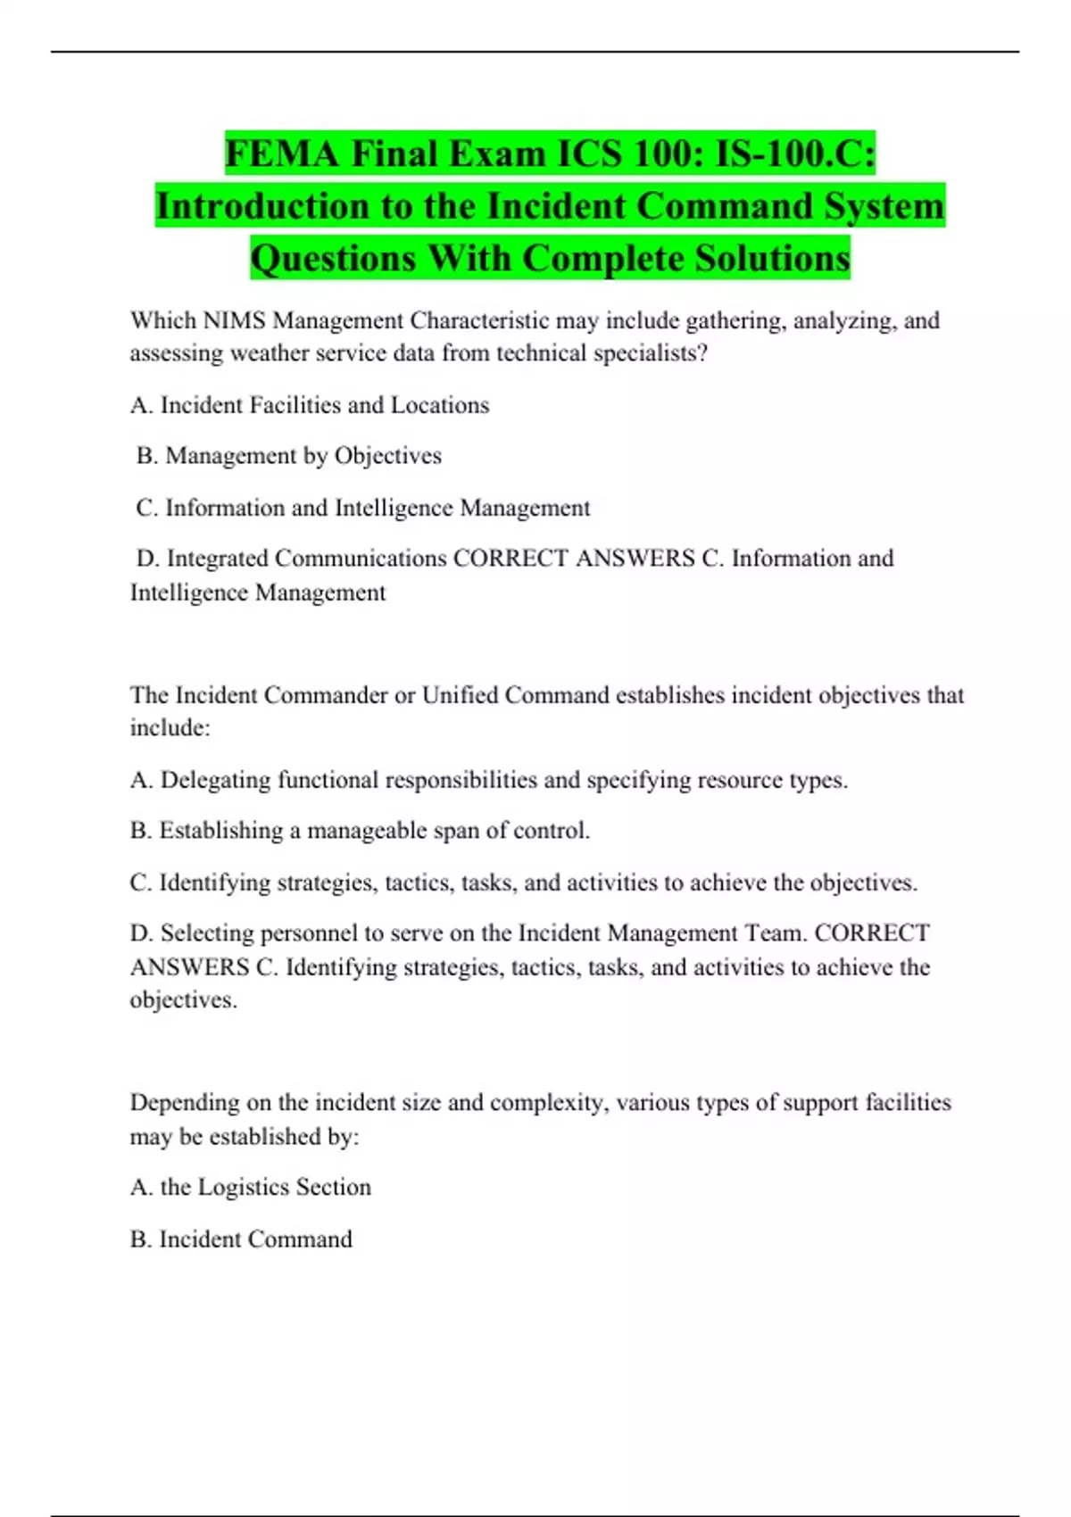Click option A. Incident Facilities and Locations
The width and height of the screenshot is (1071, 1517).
(310, 406)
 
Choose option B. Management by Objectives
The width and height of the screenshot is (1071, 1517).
(289, 456)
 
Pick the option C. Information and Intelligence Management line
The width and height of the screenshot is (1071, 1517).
(363, 509)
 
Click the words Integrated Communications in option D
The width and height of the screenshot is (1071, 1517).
(306, 560)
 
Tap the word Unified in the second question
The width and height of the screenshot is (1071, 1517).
(460, 695)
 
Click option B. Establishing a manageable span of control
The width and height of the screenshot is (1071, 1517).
(360, 831)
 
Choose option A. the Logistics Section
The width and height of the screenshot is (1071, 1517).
(251, 1188)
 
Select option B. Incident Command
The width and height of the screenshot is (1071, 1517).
(241, 1239)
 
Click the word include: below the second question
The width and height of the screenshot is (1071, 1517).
(170, 728)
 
